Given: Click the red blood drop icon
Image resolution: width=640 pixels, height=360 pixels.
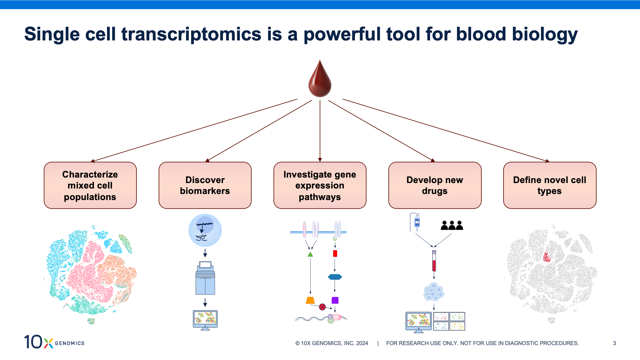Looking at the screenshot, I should (320, 80).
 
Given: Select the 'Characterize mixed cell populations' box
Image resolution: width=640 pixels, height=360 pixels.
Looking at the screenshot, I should (90, 185).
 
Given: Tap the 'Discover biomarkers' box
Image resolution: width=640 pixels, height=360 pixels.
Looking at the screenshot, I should (205, 185).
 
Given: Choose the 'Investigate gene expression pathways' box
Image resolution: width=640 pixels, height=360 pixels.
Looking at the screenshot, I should (320, 185).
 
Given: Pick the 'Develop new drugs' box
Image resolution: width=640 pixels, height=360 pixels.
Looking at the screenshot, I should (435, 185).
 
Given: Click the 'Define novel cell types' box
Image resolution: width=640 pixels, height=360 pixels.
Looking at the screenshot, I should (549, 185).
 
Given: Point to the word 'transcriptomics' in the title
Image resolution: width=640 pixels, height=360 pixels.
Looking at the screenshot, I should (191, 34).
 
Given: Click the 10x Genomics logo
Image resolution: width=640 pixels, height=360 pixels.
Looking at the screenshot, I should (54, 342).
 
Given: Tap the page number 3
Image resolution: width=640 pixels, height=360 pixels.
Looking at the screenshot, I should (614, 343).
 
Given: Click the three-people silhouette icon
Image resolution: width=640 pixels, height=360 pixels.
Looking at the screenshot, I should (452, 225).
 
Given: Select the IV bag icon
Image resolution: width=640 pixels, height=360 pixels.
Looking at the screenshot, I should (417, 222).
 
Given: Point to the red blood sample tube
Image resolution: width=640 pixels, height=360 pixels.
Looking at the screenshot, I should (434, 261).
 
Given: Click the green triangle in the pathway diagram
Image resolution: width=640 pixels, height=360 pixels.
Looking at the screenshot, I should (310, 254).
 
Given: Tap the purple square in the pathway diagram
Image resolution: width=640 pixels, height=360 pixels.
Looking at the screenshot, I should (335, 300).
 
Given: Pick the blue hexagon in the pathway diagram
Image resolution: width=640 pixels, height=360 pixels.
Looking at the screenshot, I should (335, 277).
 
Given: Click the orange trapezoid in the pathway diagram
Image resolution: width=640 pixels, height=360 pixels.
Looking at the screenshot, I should (310, 300).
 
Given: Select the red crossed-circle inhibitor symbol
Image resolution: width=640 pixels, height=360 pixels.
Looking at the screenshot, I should (322, 307).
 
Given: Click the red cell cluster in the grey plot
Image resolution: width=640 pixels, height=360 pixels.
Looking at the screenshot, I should (547, 258).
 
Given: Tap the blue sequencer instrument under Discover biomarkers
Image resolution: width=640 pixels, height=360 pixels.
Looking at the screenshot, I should (205, 278).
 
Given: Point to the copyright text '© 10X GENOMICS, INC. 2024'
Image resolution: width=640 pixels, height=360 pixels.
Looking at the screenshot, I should (332, 343).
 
